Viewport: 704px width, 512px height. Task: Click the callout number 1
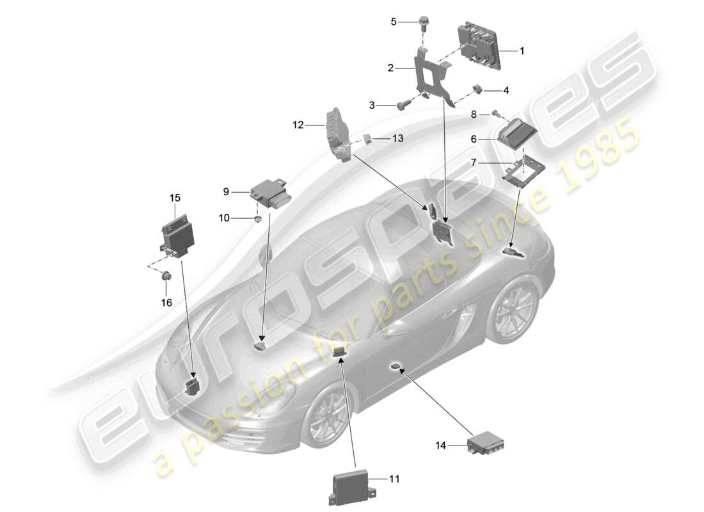(522, 50)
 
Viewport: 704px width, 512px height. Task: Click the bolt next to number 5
(423, 23)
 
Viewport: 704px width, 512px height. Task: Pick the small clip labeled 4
(477, 88)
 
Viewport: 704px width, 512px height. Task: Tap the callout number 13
(398, 138)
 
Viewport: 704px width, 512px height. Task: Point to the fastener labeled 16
(166, 276)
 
